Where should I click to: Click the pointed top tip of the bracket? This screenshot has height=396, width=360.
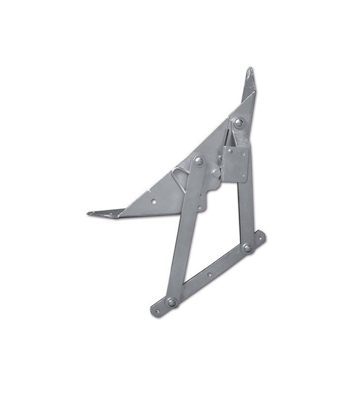click(250, 69)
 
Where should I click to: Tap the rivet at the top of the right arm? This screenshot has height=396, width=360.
click(239, 122)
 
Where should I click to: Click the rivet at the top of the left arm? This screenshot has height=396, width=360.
click(198, 160)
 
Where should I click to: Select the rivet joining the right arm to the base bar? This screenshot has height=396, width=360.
click(247, 248)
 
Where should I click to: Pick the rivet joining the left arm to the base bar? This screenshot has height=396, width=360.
click(172, 302)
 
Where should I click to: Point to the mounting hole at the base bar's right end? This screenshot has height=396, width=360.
click(260, 238)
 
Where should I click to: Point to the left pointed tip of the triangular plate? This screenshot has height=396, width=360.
click(89, 213)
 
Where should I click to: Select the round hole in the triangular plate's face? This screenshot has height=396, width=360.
click(153, 201)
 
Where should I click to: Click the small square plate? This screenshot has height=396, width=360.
click(235, 162)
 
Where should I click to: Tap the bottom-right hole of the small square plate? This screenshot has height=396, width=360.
click(242, 175)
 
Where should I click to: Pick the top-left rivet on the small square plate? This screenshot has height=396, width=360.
click(229, 150)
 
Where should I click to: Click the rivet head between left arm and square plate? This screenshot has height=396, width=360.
click(216, 173)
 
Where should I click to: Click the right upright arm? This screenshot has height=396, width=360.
click(244, 208)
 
